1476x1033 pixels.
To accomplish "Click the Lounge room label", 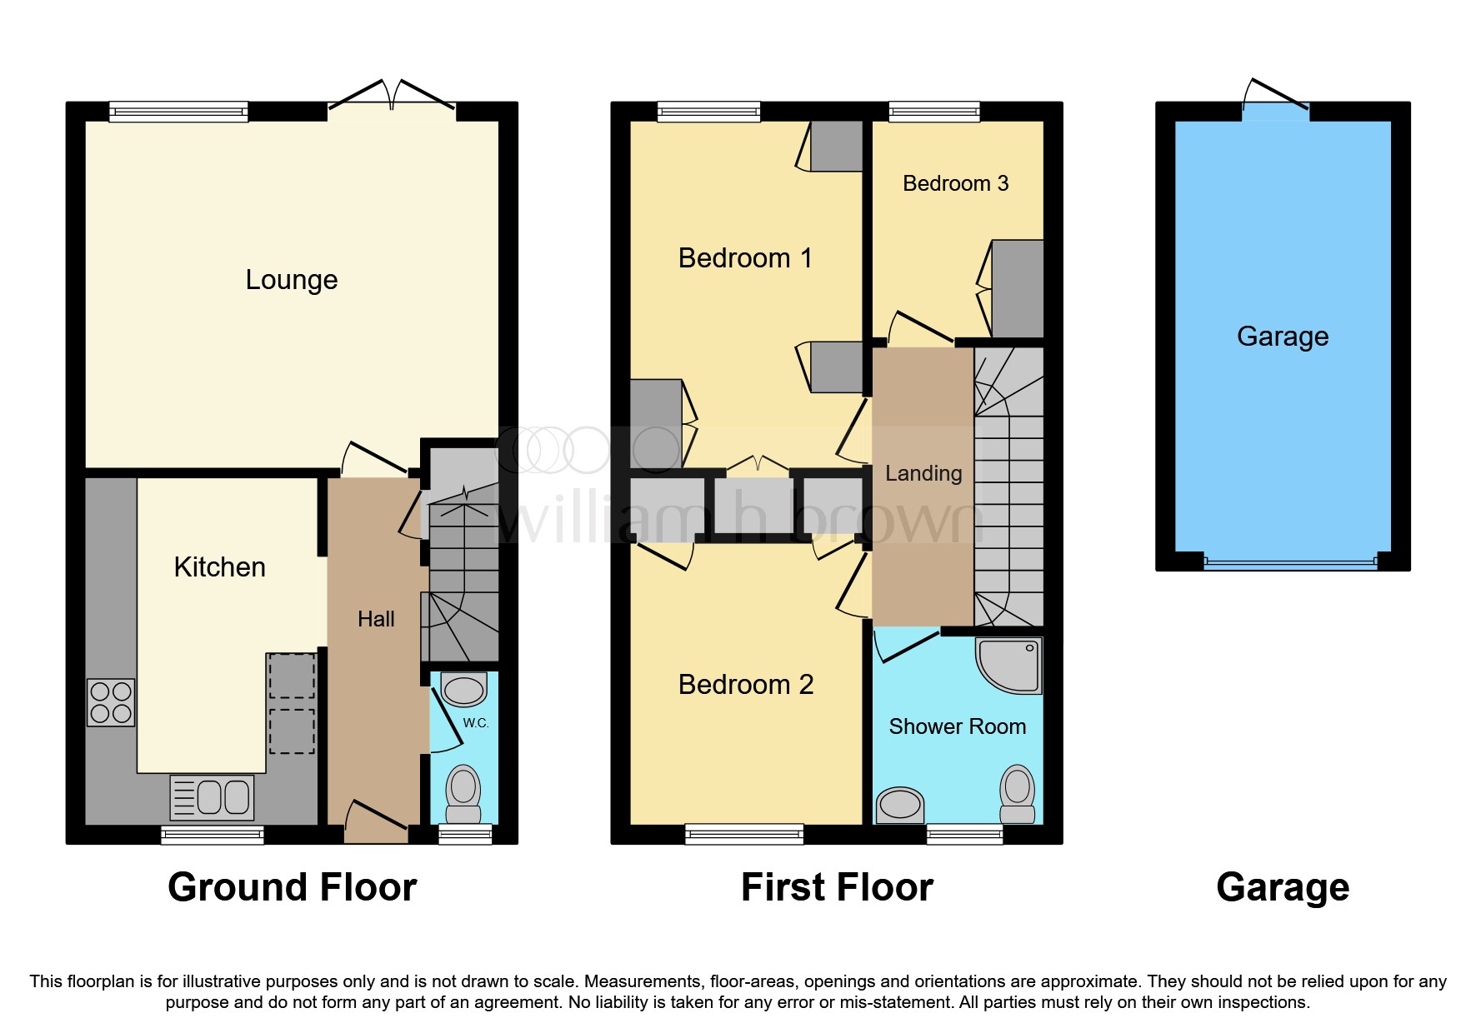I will click(x=291, y=280).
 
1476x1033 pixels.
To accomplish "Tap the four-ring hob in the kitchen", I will click(x=111, y=702).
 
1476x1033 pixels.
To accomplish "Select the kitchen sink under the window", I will click(x=212, y=797).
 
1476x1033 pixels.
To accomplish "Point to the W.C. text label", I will click(x=476, y=723).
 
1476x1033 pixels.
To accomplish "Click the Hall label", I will click(x=376, y=619).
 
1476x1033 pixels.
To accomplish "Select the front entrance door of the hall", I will click(x=377, y=821).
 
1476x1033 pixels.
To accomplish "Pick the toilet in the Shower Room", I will click(x=1017, y=793).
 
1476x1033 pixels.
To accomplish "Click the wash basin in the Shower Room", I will click(x=900, y=805).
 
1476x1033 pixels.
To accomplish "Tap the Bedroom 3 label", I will click(x=955, y=183).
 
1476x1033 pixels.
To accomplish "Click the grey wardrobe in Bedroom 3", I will click(x=1018, y=288).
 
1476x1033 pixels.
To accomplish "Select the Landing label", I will click(x=923, y=473).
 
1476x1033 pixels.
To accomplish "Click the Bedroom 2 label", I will click(x=745, y=685).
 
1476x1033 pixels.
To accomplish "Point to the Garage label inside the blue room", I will click(x=1283, y=337).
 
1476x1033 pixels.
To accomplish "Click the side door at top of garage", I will click(x=1275, y=104).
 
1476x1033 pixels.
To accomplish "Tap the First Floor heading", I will click(x=837, y=887).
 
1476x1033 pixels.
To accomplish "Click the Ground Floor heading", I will click(x=292, y=887).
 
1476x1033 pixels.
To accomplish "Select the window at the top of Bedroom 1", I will click(x=708, y=112).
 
